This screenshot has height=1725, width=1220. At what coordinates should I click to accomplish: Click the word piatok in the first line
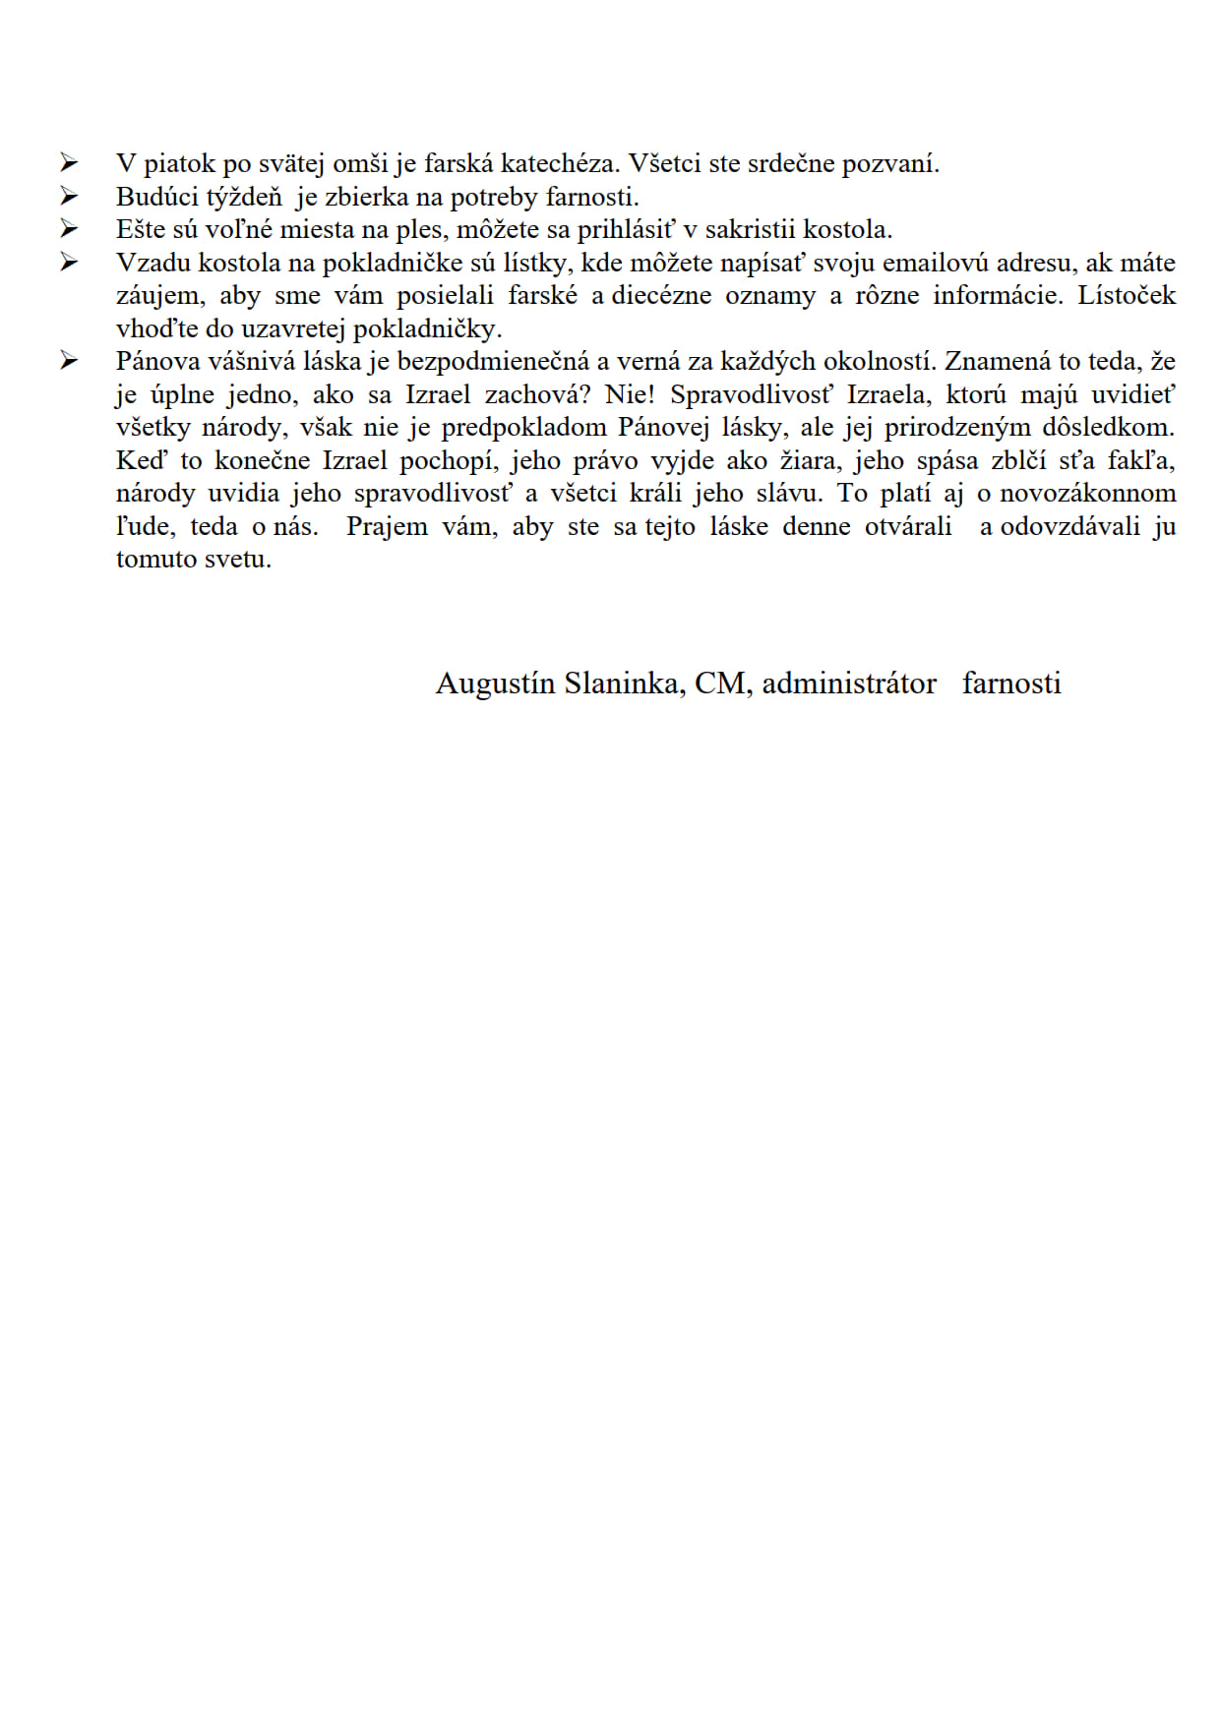180,164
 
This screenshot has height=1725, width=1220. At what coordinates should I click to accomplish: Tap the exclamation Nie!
630,394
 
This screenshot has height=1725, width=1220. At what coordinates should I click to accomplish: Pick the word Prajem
387,526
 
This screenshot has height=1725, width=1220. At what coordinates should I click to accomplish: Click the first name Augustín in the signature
496,684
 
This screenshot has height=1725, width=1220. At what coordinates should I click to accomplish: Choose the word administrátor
849,683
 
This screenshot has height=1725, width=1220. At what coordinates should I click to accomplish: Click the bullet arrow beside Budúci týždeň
68,196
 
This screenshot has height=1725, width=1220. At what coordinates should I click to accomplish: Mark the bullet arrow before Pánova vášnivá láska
68,361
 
